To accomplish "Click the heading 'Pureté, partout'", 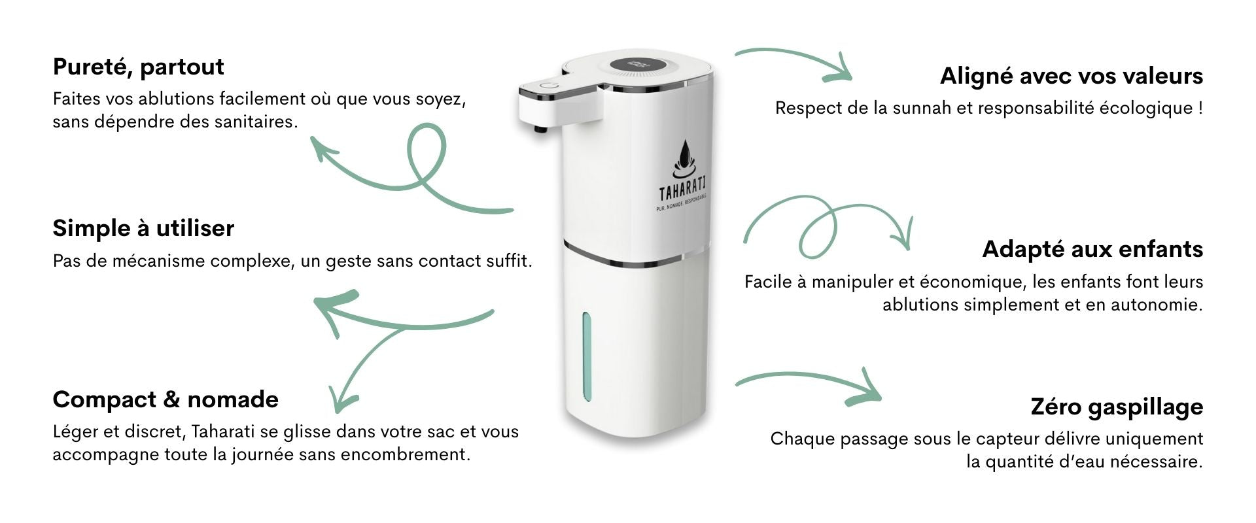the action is pos(138,67).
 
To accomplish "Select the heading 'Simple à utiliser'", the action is pos(143,228).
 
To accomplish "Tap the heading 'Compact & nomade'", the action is pos(166,399).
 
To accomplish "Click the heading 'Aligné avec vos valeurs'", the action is pos(1072,76).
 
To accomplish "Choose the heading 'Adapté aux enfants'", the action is pos(1092,249).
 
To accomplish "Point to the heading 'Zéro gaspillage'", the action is pos(1117,407).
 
